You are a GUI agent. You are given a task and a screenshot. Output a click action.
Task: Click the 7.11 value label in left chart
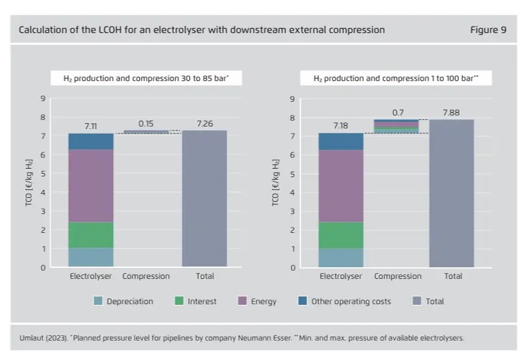pyautogui.click(x=91, y=126)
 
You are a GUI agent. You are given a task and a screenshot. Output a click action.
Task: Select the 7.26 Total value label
pyautogui.click(x=204, y=123)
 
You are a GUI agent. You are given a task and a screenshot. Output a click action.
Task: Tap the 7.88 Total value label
pyautogui.click(x=451, y=113)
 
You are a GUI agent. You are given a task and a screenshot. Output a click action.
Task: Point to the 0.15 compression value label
pyautogui.click(x=146, y=123)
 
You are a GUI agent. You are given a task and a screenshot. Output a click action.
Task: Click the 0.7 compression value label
pyautogui.click(x=398, y=113)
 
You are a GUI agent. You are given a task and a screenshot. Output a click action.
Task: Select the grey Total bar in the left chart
pyautogui.click(x=204, y=198)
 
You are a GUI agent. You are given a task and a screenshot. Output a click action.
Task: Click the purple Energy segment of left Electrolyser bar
pyautogui.click(x=91, y=186)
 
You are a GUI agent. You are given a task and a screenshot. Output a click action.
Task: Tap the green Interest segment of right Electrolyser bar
pyautogui.click(x=341, y=235)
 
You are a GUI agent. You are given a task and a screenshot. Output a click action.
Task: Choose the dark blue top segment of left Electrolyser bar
pyautogui.click(x=91, y=141)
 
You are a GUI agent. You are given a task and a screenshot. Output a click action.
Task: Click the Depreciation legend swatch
pyautogui.click(x=98, y=301)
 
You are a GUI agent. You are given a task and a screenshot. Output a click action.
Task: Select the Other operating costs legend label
pyautogui.click(x=351, y=302)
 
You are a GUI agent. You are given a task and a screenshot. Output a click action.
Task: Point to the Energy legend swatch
pyautogui.click(x=243, y=301)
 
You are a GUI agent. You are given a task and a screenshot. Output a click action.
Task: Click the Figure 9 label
pyautogui.click(x=488, y=30)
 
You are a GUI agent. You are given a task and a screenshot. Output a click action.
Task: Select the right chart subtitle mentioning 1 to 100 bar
pyautogui.click(x=395, y=78)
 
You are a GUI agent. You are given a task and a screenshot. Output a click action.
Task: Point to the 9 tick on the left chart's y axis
pyautogui.click(x=43, y=99)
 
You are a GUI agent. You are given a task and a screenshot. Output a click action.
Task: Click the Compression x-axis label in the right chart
pyautogui.click(x=398, y=276)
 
